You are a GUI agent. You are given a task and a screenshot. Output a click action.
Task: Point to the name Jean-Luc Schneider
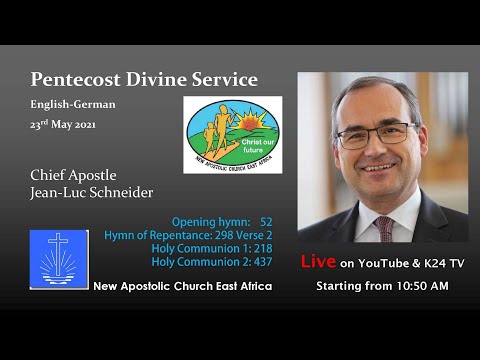91,192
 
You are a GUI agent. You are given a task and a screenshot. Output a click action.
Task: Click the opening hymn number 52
266,221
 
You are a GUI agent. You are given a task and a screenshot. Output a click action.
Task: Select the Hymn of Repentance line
187,235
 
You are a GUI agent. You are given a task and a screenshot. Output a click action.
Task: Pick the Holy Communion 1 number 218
263,248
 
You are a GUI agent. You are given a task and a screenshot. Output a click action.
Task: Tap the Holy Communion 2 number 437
263,262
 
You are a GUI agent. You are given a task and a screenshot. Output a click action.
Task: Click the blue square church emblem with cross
59,258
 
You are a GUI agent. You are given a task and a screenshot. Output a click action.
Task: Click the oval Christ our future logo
233,135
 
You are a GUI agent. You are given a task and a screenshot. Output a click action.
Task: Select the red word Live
319,263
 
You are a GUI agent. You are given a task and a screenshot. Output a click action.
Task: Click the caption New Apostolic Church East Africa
182,287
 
